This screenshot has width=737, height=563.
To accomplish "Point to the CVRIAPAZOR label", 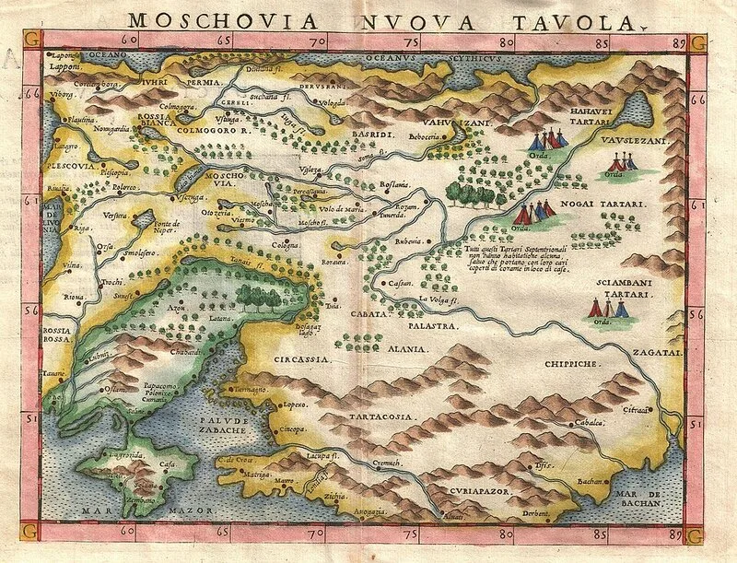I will click(x=480, y=493).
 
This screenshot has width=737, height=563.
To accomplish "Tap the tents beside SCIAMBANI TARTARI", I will click(x=610, y=307).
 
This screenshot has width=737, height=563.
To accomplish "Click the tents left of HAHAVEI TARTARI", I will click(x=549, y=140).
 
